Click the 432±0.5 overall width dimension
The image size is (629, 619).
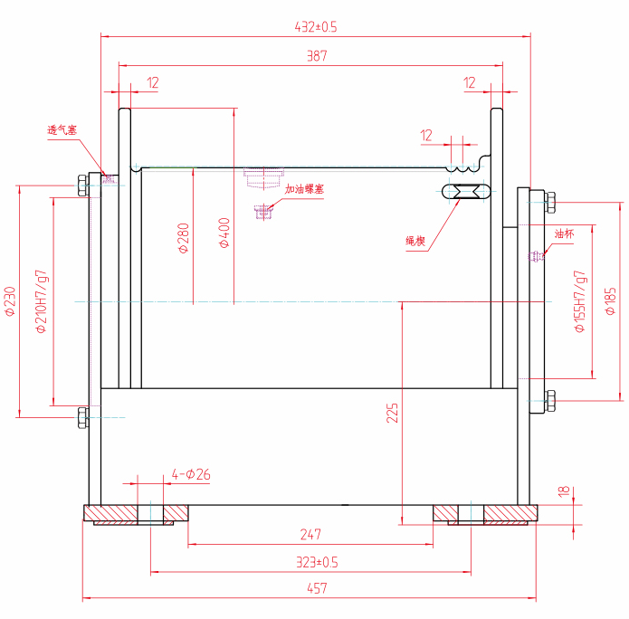pos(316,27)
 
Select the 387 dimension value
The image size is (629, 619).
pos(316,56)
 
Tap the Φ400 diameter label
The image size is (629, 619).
pos(224,233)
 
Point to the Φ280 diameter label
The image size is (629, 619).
pos(184,237)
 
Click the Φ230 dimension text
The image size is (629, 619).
pos(10,301)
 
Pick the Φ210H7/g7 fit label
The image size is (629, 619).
pos(41,301)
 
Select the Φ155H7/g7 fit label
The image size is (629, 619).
pos(580,301)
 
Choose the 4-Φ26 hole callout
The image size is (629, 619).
pos(191,474)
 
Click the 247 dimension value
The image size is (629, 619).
pos(310,535)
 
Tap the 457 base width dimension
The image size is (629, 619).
pos(316,588)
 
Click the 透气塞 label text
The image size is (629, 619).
pos(62,130)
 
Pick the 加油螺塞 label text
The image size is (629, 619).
pos(304,189)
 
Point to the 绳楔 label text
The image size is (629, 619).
pos(415,241)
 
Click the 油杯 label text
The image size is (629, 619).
pos(564,233)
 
